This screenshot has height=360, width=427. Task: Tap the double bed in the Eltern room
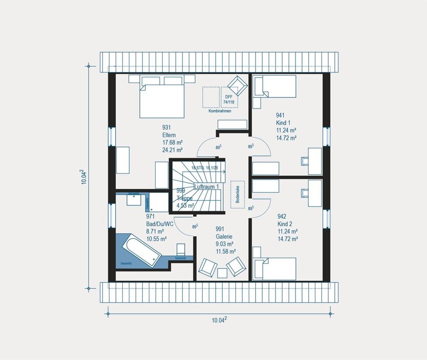tap(162, 97)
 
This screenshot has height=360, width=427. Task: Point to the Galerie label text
tap(224, 237)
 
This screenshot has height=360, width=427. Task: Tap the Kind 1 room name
tap(283, 123)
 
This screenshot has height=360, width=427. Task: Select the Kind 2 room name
tap(284, 223)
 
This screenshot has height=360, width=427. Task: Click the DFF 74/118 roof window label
tap(228, 99)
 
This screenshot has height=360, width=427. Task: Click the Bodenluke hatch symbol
tap(237, 194)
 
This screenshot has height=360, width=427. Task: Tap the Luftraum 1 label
tap(207, 187)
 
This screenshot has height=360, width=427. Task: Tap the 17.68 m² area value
tap(173, 143)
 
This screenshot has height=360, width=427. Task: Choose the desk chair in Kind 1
tap(306, 160)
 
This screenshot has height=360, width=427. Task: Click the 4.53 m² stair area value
tap(185, 205)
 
